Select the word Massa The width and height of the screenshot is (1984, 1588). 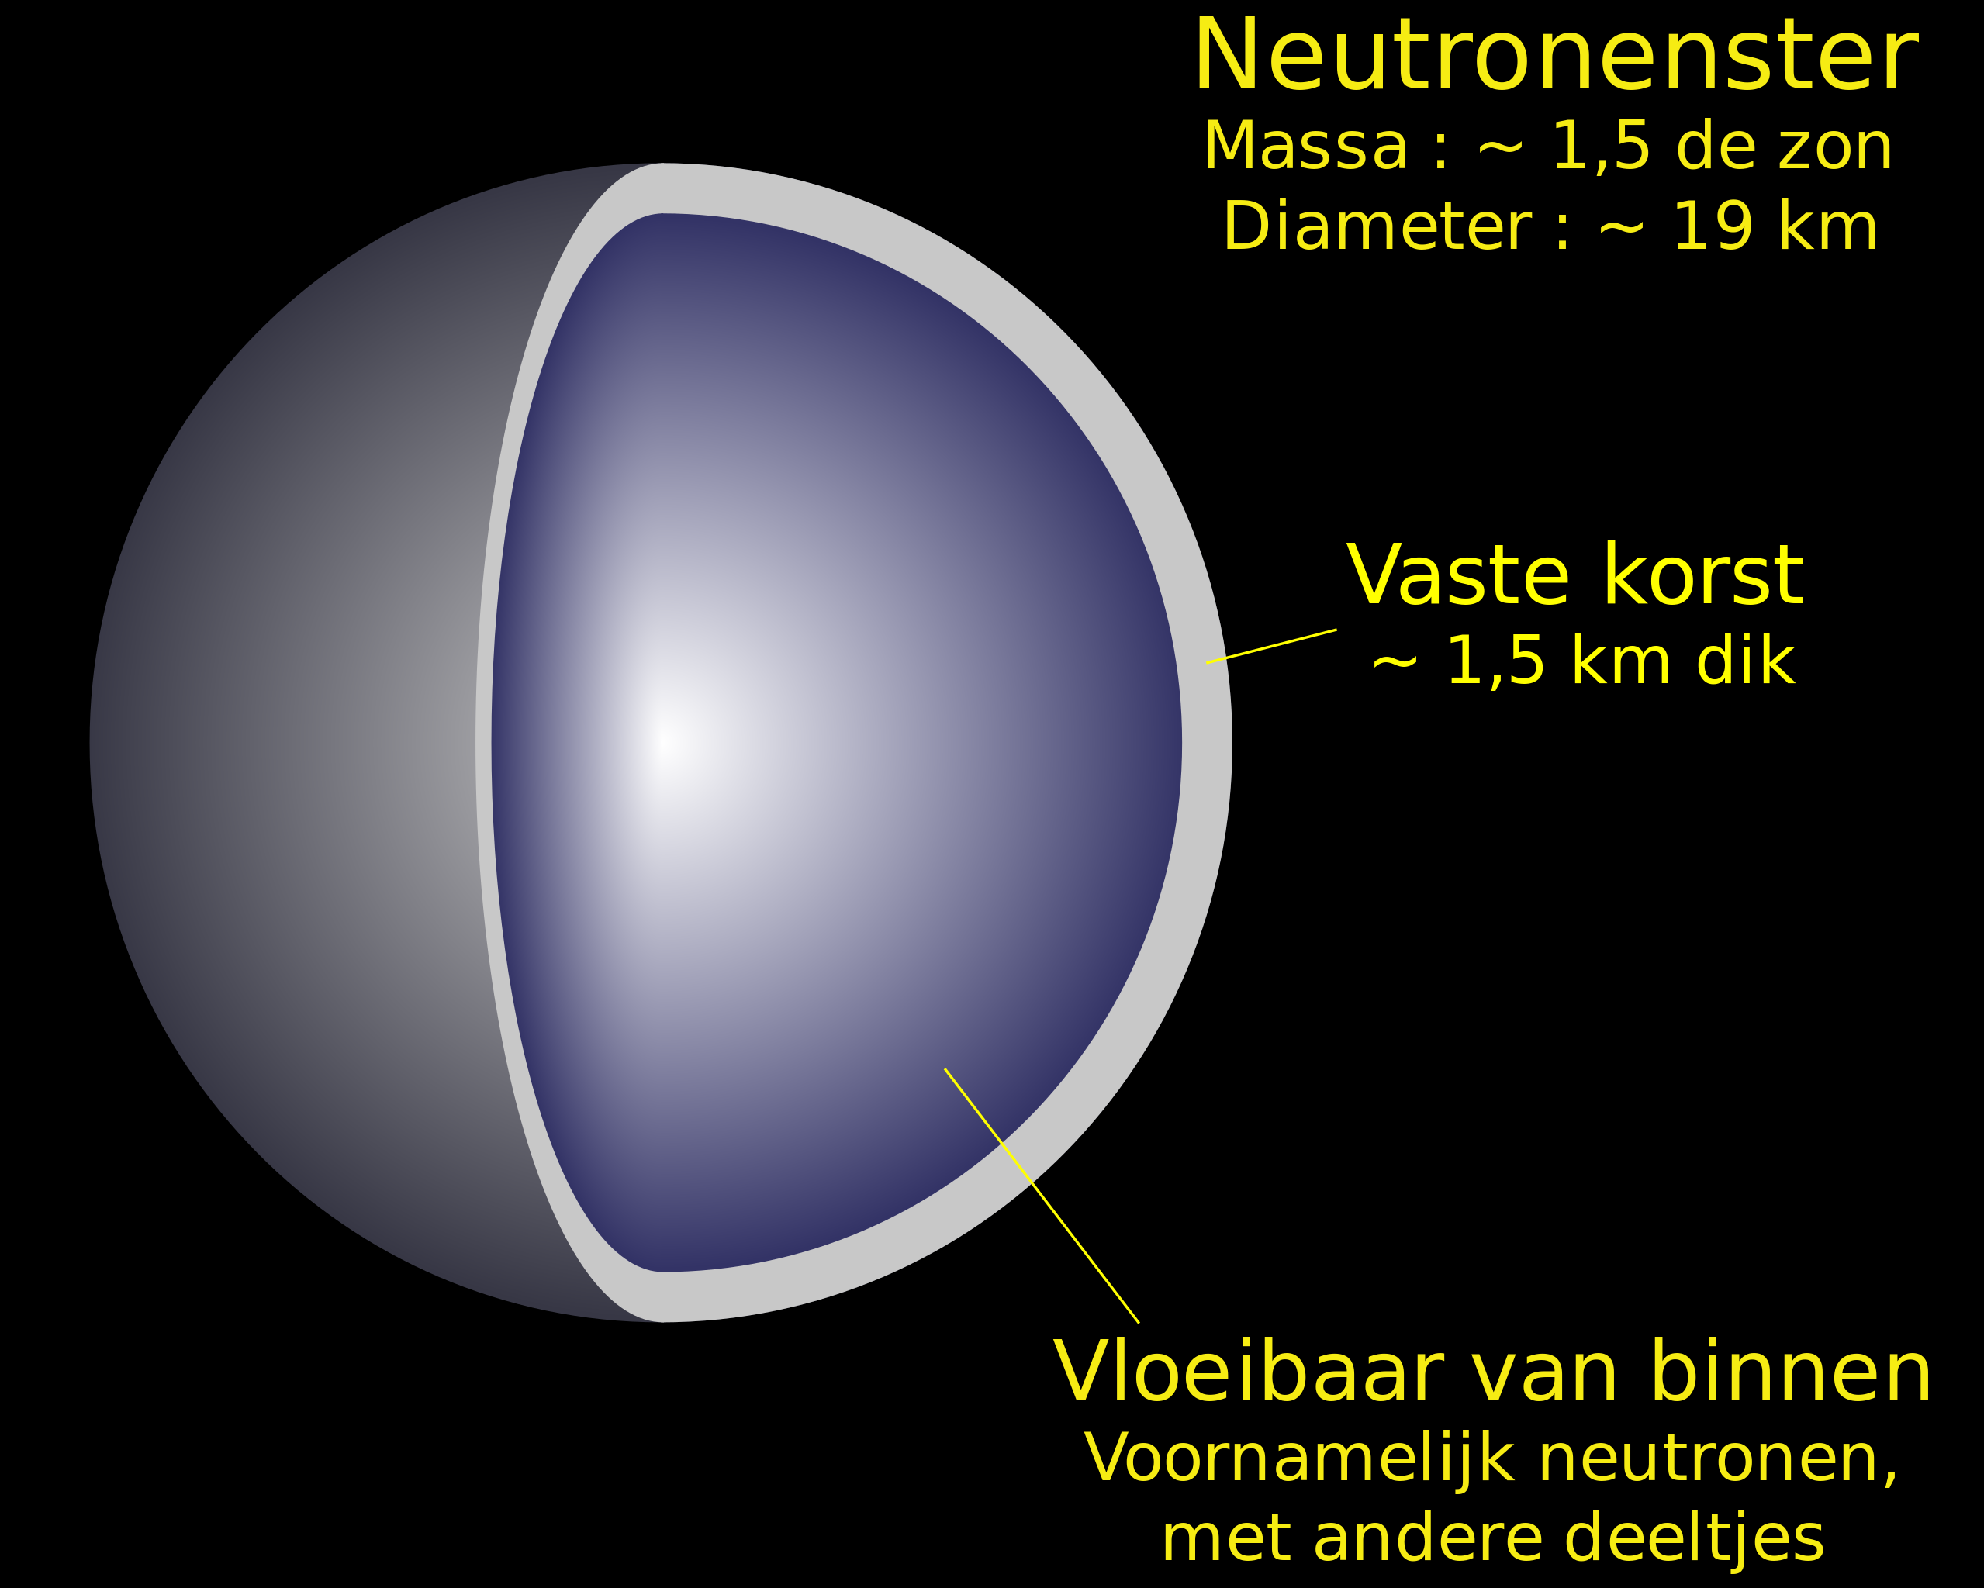[x=1305, y=147]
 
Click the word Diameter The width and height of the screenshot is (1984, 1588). [x=1376, y=227]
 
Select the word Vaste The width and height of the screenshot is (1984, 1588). [x=1457, y=576]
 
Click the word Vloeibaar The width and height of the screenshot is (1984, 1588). [x=1243, y=1372]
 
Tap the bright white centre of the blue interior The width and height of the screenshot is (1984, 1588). [x=666, y=740]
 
